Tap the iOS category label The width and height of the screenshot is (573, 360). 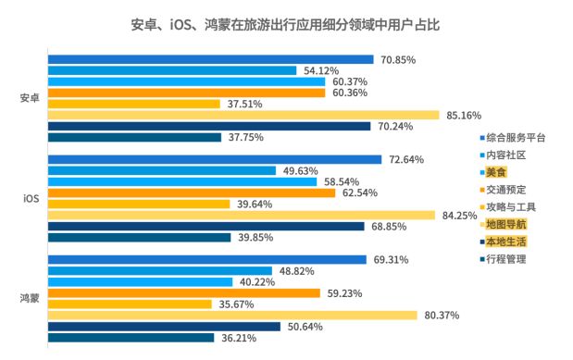pyautogui.click(x=30, y=198)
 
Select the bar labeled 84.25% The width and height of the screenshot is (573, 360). pyautogui.click(x=241, y=215)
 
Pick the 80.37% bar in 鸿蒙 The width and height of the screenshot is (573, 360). pyautogui.click(x=231, y=315)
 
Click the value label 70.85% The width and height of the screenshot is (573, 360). pyautogui.click(x=398, y=59)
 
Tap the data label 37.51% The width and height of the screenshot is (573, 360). pyautogui.click(x=245, y=104)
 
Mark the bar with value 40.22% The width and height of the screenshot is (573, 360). pyautogui.click(x=140, y=281)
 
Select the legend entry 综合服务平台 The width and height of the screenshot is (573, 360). pyautogui.click(x=516, y=137)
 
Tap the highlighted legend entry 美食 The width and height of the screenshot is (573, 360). pyautogui.click(x=496, y=172)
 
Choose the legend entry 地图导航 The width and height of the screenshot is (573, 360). pyautogui.click(x=504, y=223)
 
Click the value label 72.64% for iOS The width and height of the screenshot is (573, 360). pyautogui.click(x=405, y=159)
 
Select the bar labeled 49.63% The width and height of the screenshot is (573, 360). pyautogui.click(x=161, y=170)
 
